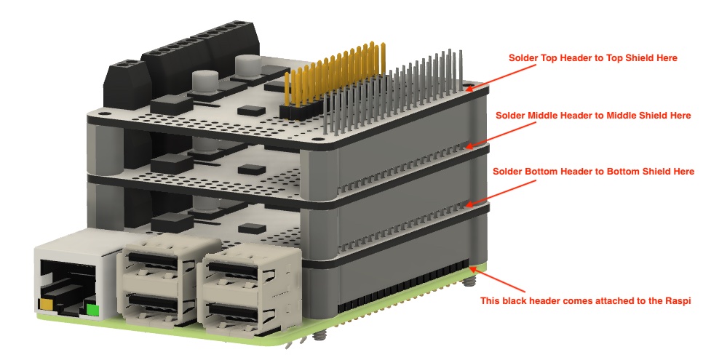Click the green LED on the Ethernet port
(92, 311)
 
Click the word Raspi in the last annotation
(678, 300)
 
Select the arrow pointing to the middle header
(501, 134)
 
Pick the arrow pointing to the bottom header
(501, 193)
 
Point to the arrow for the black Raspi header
(497, 279)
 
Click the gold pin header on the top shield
(333, 81)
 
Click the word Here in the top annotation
(667, 58)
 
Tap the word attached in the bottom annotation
(619, 300)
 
